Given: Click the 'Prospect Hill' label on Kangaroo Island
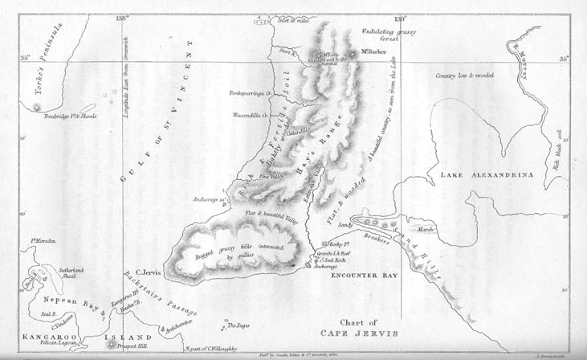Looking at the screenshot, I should tap(129, 347).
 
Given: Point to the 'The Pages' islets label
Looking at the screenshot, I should tap(238, 325).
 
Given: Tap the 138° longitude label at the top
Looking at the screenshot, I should tap(122, 16).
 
